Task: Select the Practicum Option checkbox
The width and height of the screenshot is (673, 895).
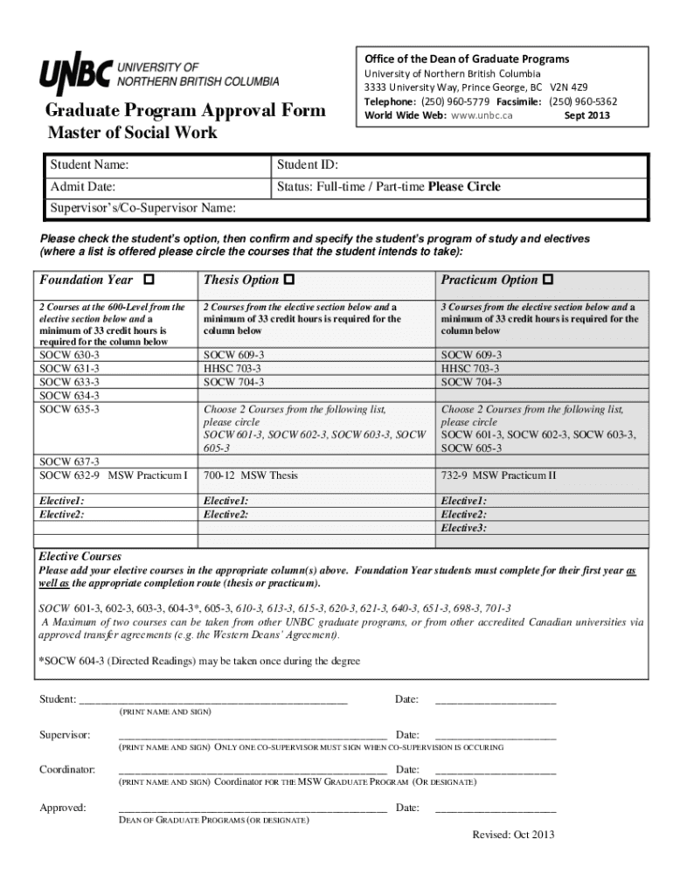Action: (x=548, y=280)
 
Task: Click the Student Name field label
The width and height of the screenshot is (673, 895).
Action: (x=89, y=165)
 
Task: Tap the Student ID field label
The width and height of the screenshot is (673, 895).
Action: (x=308, y=165)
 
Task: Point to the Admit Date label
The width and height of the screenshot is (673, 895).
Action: (x=83, y=186)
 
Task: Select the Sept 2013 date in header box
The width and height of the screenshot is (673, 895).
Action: (x=586, y=115)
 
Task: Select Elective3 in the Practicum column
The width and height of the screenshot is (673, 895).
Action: (x=464, y=528)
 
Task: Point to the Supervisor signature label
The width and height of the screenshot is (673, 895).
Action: (x=65, y=735)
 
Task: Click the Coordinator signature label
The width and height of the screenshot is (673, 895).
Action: (x=67, y=769)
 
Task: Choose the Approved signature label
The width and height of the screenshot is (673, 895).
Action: (x=62, y=808)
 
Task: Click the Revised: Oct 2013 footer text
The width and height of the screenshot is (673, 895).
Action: (x=513, y=835)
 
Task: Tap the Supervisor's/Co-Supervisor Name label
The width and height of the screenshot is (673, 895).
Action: (x=142, y=208)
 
